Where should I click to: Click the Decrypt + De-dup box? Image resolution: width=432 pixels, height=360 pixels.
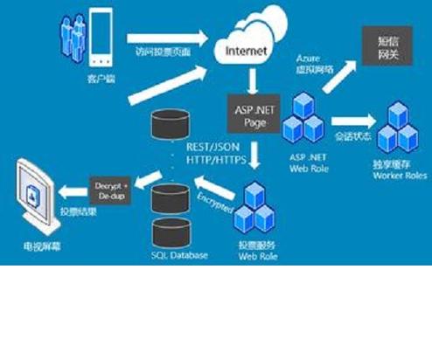[x=111, y=186]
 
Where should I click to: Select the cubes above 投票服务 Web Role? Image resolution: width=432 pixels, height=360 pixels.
[x=253, y=205]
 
